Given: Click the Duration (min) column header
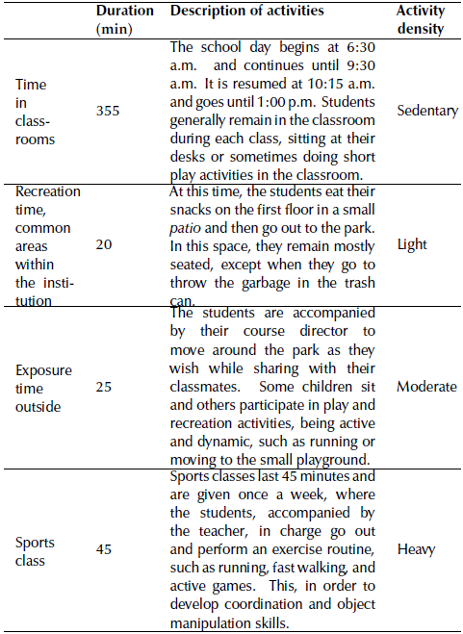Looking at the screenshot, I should coord(124,19).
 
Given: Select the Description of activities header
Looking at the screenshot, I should coord(246,11).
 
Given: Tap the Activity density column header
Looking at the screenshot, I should coord(421,19).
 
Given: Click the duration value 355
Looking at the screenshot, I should coord(109,111).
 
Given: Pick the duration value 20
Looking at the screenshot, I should coord(105,245).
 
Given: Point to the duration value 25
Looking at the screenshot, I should coord(105,386).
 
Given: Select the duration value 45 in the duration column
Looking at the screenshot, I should coord(105,549).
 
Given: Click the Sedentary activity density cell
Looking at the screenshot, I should coord(427,111).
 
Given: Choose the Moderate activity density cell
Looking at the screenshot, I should coord(426,386).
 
